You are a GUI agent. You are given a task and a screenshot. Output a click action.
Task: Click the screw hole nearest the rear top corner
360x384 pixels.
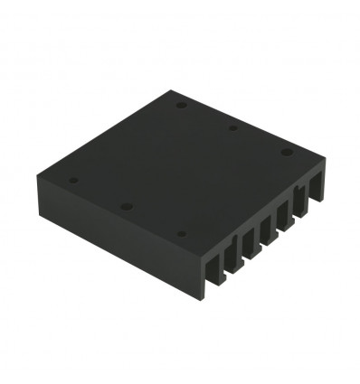click(182, 104)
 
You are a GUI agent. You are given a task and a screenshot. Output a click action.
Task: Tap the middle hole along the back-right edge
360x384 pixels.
click(233, 128)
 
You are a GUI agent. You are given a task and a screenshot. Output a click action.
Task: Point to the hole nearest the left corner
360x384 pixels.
click(74, 181)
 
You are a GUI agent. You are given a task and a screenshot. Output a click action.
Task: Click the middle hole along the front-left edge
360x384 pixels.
click(127, 207)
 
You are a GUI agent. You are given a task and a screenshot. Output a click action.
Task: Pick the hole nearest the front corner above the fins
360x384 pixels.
click(182, 234)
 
